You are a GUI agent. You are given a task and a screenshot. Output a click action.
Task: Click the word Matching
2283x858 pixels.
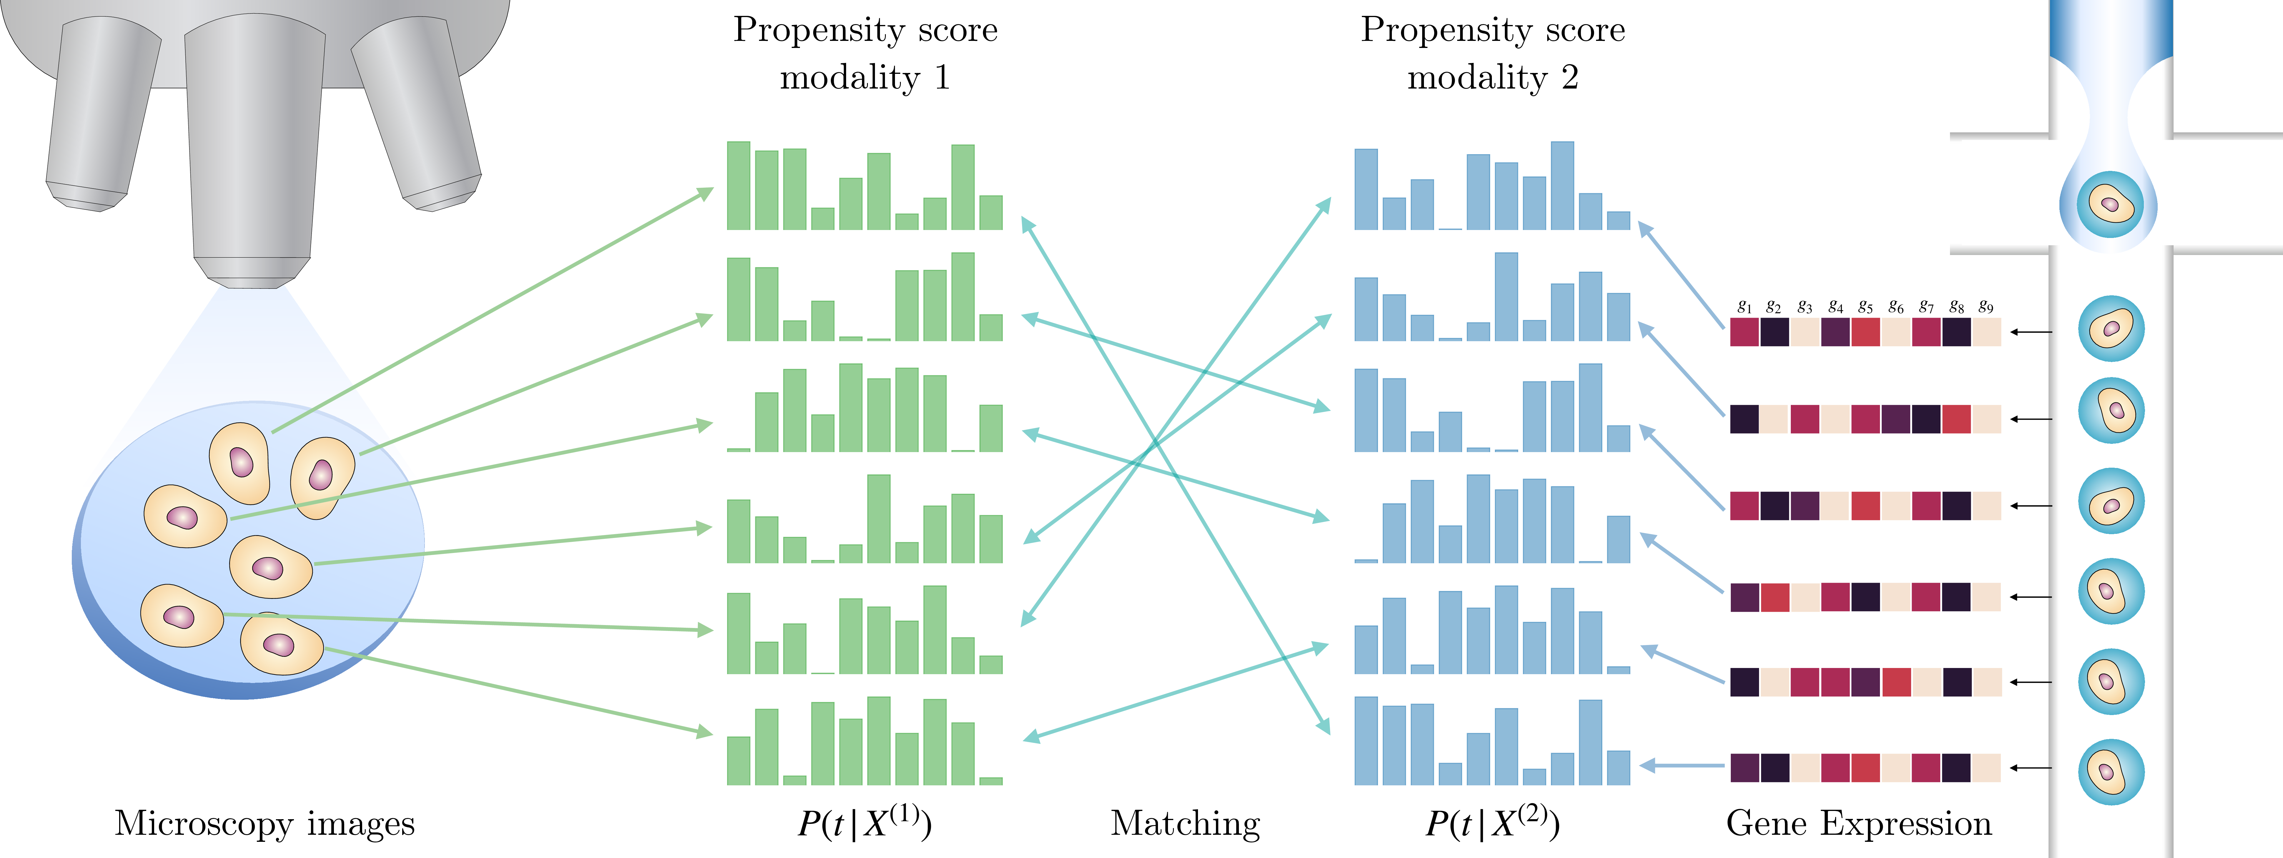click(1185, 824)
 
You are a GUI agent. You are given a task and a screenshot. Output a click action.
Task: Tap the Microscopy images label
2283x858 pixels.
click(264, 824)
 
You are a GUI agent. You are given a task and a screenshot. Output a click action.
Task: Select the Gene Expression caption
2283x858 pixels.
click(1858, 824)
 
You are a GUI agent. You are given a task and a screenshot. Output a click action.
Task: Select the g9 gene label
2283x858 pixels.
click(1986, 307)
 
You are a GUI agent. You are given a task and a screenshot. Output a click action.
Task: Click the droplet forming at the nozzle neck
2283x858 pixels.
click(2109, 204)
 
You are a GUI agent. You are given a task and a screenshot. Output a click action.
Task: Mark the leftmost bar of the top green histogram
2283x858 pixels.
click(738, 185)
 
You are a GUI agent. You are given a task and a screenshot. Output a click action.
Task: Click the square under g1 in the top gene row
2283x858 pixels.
click(1744, 332)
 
